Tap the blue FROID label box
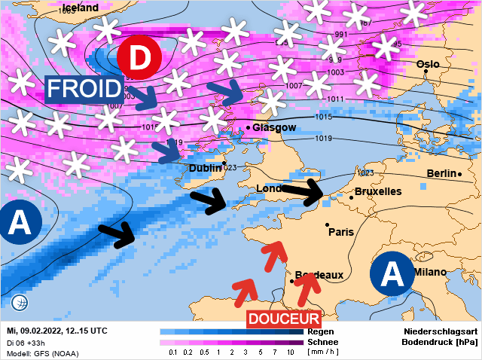(x=84, y=90)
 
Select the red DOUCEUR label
(x=284, y=319)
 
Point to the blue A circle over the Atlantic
(x=20, y=223)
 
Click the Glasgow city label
(x=274, y=128)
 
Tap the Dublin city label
(x=205, y=168)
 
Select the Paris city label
(x=341, y=232)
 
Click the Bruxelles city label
(x=377, y=191)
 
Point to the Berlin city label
(x=441, y=174)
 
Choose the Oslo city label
(x=427, y=65)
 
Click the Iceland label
(x=81, y=8)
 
